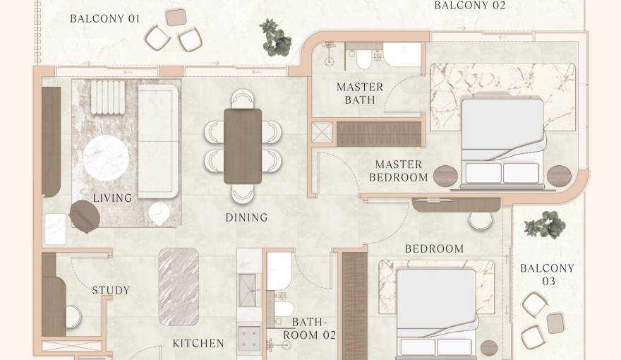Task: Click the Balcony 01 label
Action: (104, 18)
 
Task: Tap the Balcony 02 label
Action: (470, 6)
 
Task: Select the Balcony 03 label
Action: (547, 275)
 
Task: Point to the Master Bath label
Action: (360, 93)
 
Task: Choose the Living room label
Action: (112, 198)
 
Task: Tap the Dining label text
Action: (246, 217)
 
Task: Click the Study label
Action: (111, 290)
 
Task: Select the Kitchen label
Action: (198, 344)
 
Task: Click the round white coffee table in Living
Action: (107, 157)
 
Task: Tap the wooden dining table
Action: (243, 146)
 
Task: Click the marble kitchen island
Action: (178, 287)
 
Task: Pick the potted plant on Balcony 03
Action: (545, 225)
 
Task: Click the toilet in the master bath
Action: (364, 59)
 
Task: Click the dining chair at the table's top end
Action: (242, 98)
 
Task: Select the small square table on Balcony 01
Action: (176, 17)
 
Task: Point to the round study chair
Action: (73, 316)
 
